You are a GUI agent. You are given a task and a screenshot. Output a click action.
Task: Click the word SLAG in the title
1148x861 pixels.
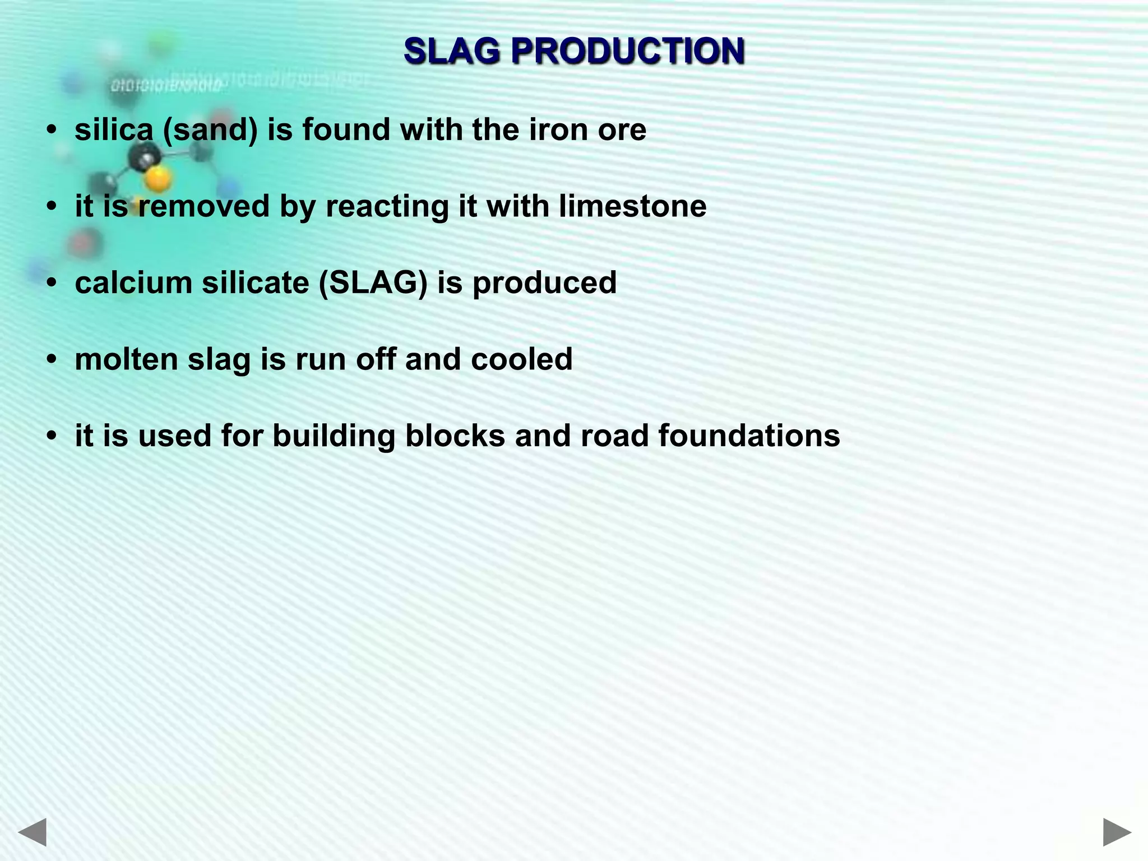(451, 51)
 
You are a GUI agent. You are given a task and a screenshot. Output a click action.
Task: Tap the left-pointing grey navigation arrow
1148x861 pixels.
(32, 832)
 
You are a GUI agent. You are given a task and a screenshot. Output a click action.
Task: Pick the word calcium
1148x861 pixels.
(133, 283)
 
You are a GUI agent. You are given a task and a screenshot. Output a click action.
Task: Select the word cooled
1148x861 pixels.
(521, 359)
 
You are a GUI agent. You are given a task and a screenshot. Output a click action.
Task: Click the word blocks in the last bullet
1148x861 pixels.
(455, 436)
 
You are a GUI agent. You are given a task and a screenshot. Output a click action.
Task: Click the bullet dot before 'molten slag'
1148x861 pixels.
(52, 359)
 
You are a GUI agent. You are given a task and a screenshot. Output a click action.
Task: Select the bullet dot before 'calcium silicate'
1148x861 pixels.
(52, 283)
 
